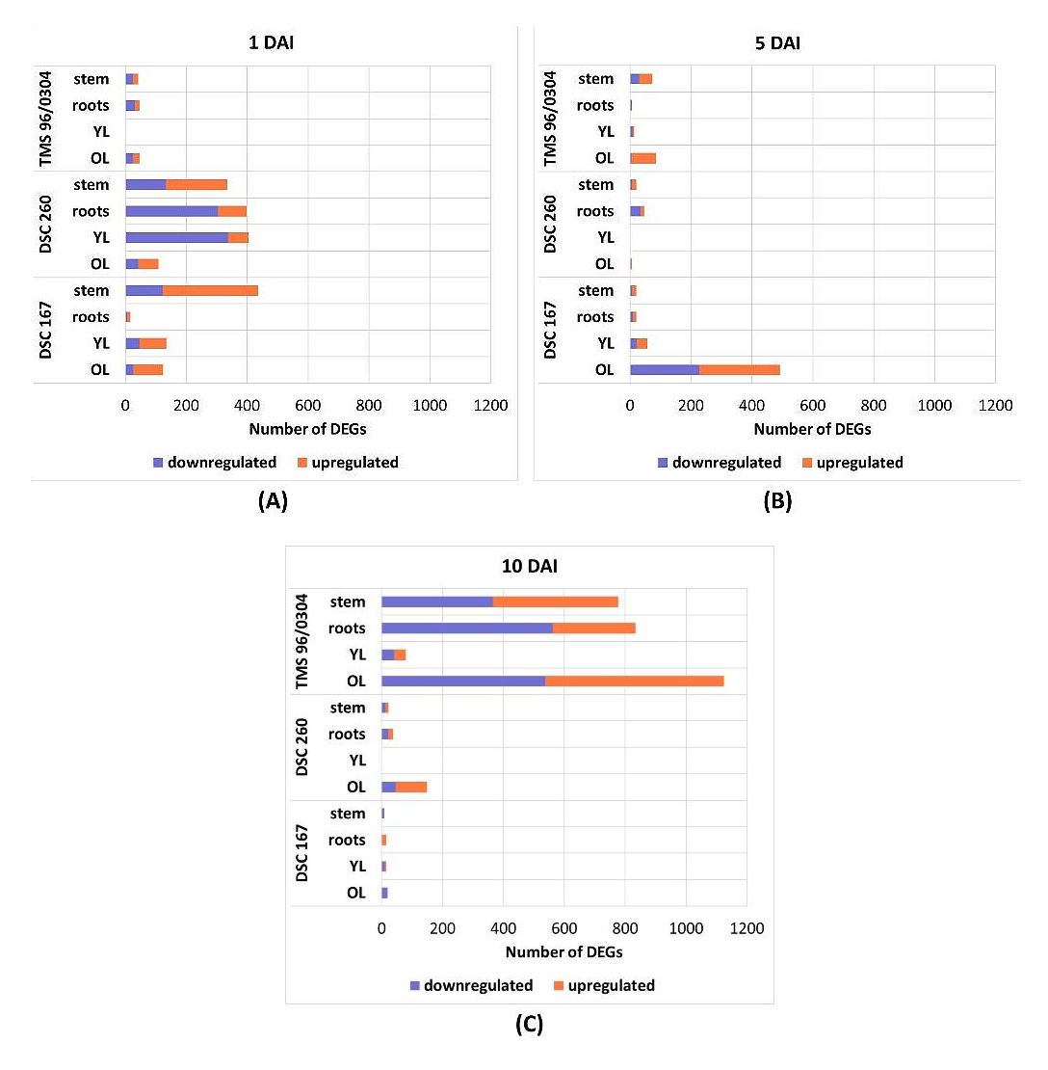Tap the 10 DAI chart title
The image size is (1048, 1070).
tap(529, 566)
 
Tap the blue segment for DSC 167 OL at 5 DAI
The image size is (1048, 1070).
tap(664, 369)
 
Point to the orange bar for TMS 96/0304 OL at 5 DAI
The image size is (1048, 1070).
tap(642, 158)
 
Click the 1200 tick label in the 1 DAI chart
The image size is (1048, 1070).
tap(490, 406)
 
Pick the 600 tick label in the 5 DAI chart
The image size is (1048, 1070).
tap(812, 406)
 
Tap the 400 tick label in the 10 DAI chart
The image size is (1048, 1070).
tap(503, 928)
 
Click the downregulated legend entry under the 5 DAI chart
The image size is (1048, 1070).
tap(719, 463)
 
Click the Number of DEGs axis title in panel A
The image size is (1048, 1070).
tap(307, 429)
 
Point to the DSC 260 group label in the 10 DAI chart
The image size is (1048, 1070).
tap(302, 747)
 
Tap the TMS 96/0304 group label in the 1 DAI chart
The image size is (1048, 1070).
tap(46, 119)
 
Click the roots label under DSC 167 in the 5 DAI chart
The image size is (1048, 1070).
tap(594, 317)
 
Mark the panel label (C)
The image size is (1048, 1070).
tap(529, 1024)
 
